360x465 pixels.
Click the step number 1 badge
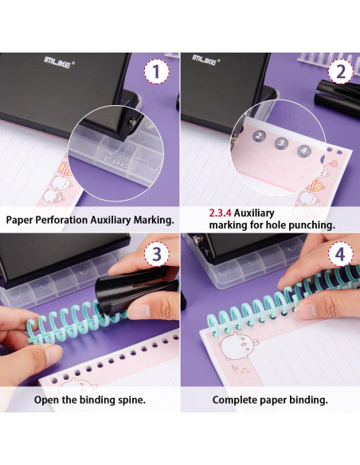pyautogui.click(x=157, y=72)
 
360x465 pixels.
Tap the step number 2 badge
pyautogui.click(x=341, y=72)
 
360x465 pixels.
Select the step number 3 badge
pyautogui.click(x=157, y=254)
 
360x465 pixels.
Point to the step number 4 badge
pyautogui.click(x=341, y=254)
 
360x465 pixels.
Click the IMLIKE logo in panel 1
pyautogui.click(x=59, y=62)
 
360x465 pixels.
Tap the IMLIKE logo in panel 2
pyautogui.click(x=205, y=60)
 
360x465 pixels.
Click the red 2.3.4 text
pyautogui.click(x=220, y=213)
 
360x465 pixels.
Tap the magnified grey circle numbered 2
pyautogui.click(x=259, y=136)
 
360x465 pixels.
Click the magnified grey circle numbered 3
pyautogui.click(x=281, y=143)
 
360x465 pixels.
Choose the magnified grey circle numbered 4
pyautogui.click(x=304, y=150)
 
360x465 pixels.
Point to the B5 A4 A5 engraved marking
pyautogui.click(x=116, y=162)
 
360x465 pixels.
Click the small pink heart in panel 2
pyautogui.click(x=334, y=162)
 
